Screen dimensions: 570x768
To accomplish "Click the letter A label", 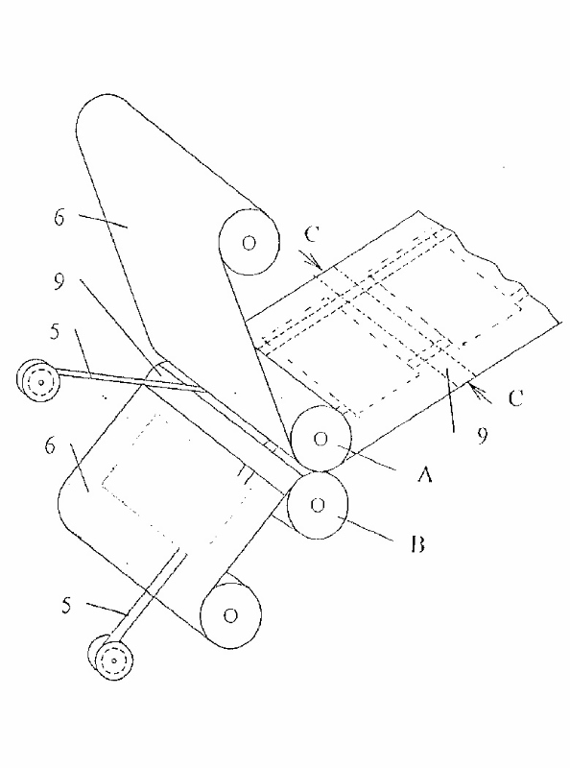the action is [x=424, y=473].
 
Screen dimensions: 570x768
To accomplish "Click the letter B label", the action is [x=417, y=543].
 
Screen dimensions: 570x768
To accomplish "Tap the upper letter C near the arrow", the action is [x=312, y=234].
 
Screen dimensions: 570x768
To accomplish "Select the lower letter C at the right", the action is [x=515, y=398].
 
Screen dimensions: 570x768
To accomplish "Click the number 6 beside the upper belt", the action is [x=59, y=217].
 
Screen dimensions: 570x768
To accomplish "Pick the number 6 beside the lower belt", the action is [x=50, y=446].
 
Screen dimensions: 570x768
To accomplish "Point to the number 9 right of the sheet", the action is [x=483, y=435].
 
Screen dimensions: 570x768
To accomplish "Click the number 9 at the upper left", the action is [x=59, y=281].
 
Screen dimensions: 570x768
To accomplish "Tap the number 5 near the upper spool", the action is [x=55, y=331].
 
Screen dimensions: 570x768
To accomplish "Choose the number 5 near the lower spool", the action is [x=66, y=606].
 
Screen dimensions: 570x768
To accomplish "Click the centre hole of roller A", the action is [x=321, y=439].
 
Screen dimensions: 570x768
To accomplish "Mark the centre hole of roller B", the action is [x=318, y=505].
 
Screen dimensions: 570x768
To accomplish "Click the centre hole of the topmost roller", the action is [x=249, y=242].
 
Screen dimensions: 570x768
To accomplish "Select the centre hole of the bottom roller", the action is [x=230, y=615].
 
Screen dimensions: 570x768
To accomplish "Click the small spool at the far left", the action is [x=38, y=380].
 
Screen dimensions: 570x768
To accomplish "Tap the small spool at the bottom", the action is [x=111, y=660].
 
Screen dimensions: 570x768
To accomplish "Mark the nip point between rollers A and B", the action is [x=319, y=471].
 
